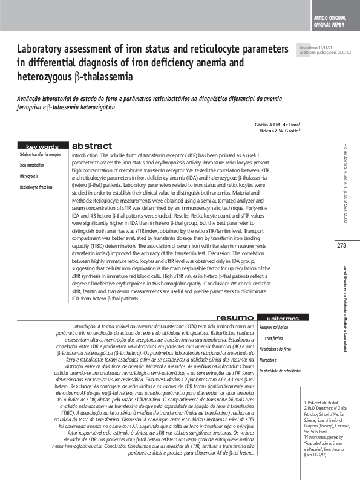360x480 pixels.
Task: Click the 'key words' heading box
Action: (x=42, y=146)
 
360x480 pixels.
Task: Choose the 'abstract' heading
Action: (x=92, y=146)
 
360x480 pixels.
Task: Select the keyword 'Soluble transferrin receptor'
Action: (x=41, y=155)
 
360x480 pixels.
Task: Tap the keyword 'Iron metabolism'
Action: (x=32, y=165)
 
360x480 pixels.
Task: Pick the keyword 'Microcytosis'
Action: (x=29, y=176)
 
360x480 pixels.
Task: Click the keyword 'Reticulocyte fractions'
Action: (x=36, y=187)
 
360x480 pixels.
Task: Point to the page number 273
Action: (x=342, y=245)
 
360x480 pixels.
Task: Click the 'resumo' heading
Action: (x=235, y=317)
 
